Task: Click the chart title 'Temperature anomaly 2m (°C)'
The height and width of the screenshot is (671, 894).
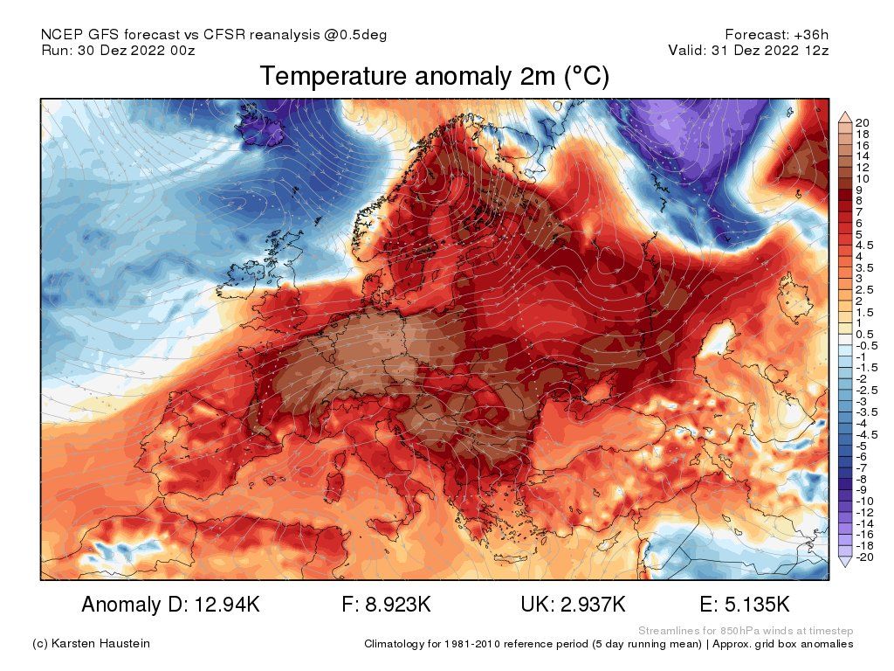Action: coord(434,78)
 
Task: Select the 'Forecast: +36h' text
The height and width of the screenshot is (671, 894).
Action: coord(776,34)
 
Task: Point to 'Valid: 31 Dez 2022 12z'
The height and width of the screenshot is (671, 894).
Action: coord(748,50)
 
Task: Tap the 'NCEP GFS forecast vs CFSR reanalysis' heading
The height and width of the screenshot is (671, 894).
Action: coord(214,34)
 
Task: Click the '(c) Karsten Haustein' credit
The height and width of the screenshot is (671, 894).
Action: coord(91,644)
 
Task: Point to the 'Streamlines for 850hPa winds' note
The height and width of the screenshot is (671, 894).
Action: coord(746,631)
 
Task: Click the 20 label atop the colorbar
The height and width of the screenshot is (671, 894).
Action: coord(863,121)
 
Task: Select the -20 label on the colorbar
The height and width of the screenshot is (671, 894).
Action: coord(864,557)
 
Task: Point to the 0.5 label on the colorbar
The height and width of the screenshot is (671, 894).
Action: coord(865,334)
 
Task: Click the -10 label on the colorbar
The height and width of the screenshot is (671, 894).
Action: coord(864,501)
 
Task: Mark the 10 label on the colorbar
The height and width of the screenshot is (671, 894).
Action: coord(863,178)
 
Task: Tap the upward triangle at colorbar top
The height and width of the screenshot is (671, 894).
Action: coord(844,116)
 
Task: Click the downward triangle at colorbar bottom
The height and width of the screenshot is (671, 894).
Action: coord(844,563)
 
